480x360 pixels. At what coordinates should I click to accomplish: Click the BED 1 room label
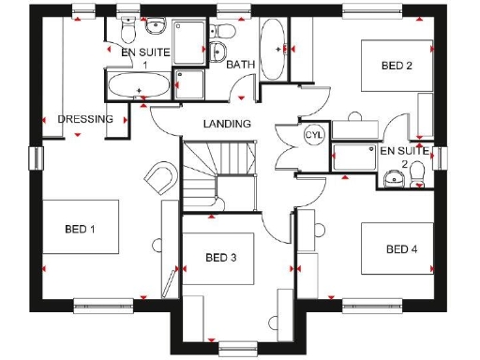(x=81, y=229)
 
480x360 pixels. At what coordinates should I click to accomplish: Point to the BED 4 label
(x=400, y=248)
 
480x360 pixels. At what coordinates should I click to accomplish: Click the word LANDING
(x=227, y=124)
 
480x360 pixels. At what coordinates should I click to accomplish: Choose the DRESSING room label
(x=85, y=119)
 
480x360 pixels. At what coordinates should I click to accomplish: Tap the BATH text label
(x=241, y=65)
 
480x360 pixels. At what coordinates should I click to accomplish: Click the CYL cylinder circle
(x=313, y=135)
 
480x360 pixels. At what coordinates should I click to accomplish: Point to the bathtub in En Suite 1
(x=139, y=88)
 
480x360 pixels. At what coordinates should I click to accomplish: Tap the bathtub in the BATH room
(x=275, y=46)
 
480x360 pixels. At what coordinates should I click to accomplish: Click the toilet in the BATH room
(x=221, y=52)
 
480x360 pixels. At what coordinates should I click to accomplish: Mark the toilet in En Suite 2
(x=392, y=179)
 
